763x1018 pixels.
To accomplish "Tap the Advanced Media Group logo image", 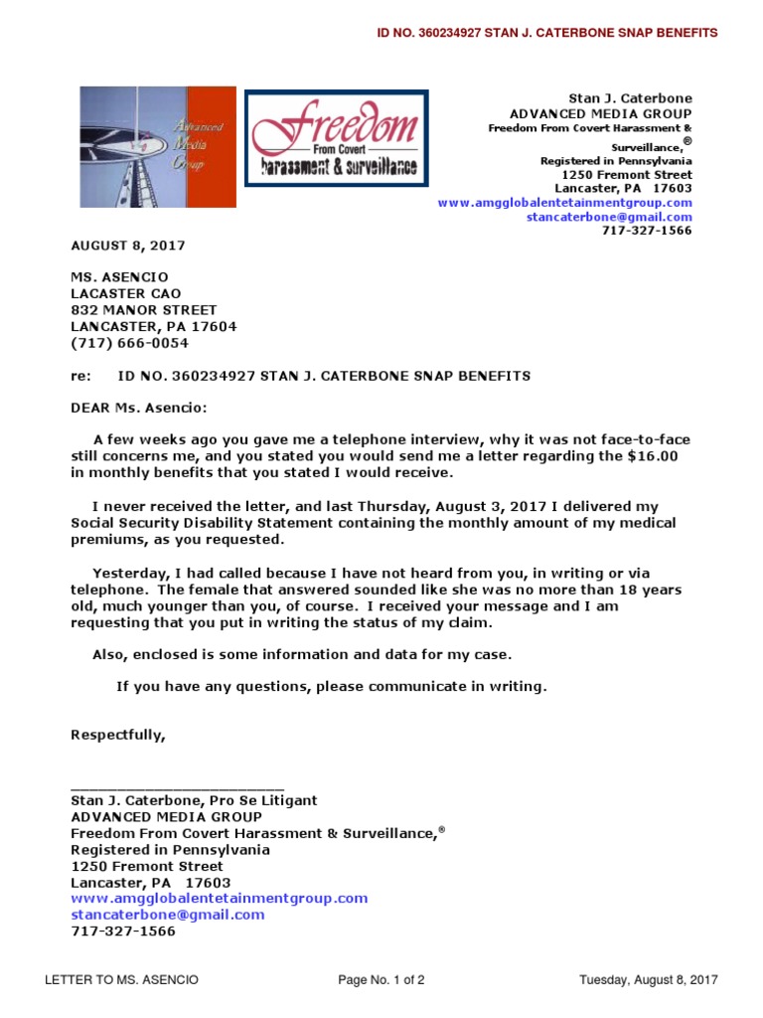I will click(157, 146).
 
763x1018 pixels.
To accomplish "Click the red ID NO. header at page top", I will click(546, 33).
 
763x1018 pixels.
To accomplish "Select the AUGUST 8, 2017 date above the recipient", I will click(127, 246).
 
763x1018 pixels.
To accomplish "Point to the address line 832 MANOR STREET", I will click(143, 310).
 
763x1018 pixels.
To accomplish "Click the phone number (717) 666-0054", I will click(129, 343).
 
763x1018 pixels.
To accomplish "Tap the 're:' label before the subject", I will click(79, 376).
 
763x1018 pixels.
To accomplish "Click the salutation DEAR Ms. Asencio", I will click(140, 408).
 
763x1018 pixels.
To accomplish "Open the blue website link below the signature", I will click(219, 898).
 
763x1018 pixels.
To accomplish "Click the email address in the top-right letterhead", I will click(609, 217).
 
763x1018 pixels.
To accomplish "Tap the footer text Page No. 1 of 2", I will click(381, 980).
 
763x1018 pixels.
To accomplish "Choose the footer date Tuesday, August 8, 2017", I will click(648, 980).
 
